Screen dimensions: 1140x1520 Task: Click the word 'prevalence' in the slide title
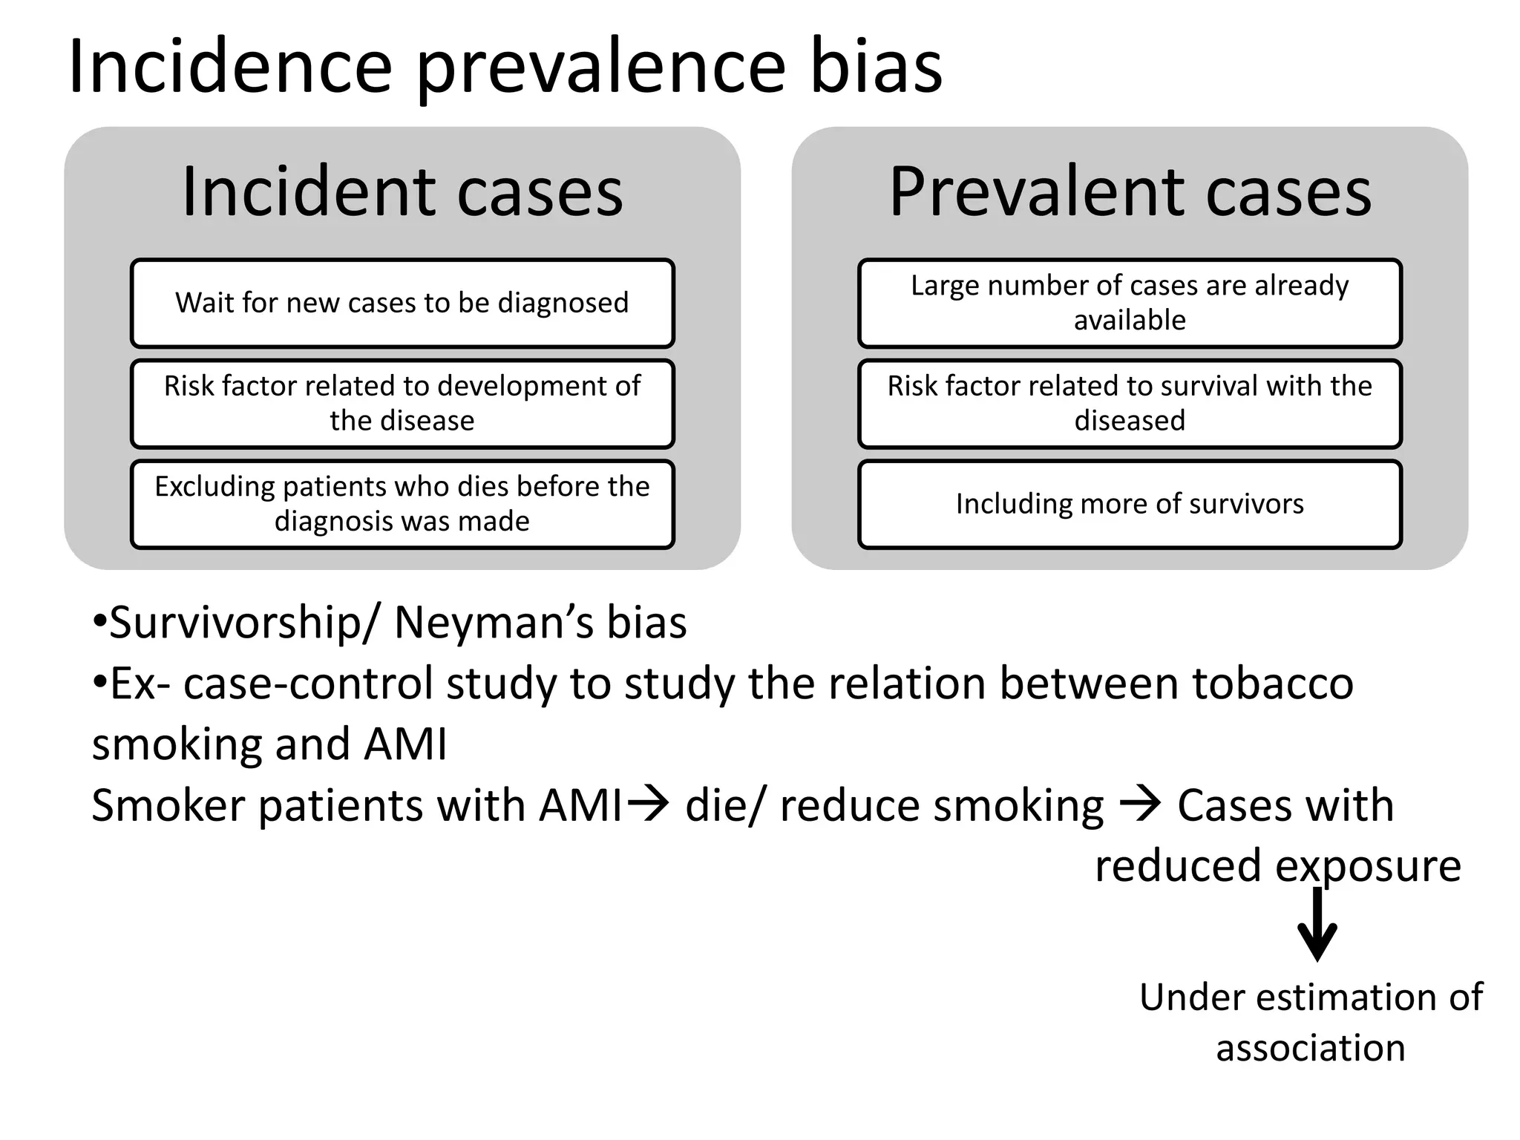point(600,68)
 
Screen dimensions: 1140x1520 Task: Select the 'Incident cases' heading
point(402,191)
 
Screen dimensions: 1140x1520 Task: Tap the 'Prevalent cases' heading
point(1130,191)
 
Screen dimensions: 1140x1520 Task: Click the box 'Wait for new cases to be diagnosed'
point(402,303)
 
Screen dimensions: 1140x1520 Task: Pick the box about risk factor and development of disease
point(402,403)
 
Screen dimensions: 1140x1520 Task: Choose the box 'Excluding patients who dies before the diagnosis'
point(402,504)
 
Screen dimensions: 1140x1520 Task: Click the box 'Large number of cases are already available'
point(1130,303)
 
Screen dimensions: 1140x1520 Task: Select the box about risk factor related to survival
point(1130,403)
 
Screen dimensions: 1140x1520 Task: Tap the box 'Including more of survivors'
point(1130,504)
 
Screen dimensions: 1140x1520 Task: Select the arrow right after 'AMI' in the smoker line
point(648,804)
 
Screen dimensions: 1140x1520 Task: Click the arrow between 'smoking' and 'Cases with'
point(1140,804)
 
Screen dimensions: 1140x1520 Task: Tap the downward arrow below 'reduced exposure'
point(1317,925)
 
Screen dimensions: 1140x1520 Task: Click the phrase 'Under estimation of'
point(1311,997)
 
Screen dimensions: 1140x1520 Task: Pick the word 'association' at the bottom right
point(1311,1048)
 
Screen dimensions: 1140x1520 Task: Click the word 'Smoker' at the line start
point(168,805)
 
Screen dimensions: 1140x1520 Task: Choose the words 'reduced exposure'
point(1278,865)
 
